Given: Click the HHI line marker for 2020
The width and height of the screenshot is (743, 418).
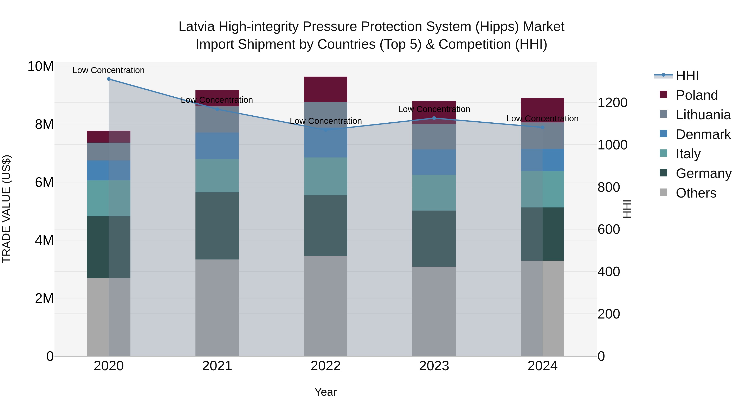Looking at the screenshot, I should (109, 79).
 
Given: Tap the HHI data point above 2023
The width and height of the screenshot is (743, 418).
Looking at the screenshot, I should (434, 118).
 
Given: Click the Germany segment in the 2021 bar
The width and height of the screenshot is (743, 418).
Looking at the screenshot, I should (217, 226).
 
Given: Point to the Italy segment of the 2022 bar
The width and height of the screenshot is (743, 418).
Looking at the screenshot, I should (326, 176).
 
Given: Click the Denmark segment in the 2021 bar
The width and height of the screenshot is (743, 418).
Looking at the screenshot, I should (217, 146).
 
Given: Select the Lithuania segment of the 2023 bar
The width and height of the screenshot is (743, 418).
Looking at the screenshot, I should (434, 137).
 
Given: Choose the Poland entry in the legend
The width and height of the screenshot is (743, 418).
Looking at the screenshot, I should (697, 95).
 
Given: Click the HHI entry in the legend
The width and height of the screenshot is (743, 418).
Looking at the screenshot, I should (687, 76).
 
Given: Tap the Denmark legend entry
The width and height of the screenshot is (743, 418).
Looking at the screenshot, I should (703, 134).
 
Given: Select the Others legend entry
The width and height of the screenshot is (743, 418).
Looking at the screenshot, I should (696, 193).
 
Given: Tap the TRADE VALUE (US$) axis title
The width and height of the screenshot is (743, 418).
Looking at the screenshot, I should (6, 209).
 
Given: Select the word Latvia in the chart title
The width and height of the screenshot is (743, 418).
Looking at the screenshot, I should (196, 27).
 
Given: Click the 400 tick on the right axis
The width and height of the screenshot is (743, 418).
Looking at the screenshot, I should (609, 272).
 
